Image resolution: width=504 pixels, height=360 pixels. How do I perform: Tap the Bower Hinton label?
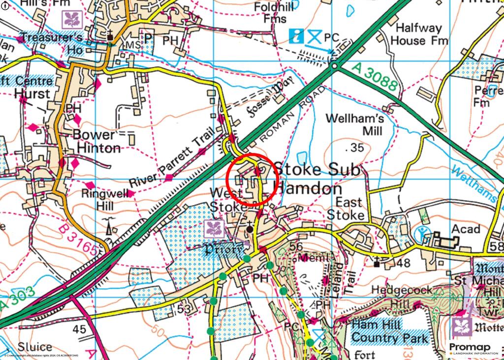96,141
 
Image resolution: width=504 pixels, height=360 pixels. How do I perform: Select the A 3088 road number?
375,77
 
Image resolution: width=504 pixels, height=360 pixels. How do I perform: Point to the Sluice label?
35,347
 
